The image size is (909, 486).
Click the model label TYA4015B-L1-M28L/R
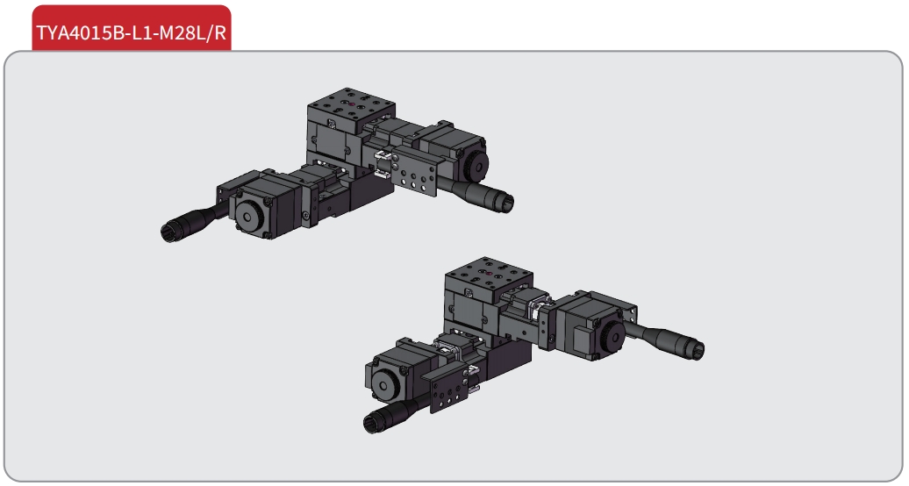131,32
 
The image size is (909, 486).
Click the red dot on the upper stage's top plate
351,104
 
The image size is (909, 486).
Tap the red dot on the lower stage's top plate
489,273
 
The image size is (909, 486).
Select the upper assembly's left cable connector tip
169,232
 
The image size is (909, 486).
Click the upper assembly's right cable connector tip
505,201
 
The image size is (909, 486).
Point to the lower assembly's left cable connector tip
372,423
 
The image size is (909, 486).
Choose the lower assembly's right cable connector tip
696,349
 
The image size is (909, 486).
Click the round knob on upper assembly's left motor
250,216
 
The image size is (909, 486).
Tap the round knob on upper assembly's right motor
476,165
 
